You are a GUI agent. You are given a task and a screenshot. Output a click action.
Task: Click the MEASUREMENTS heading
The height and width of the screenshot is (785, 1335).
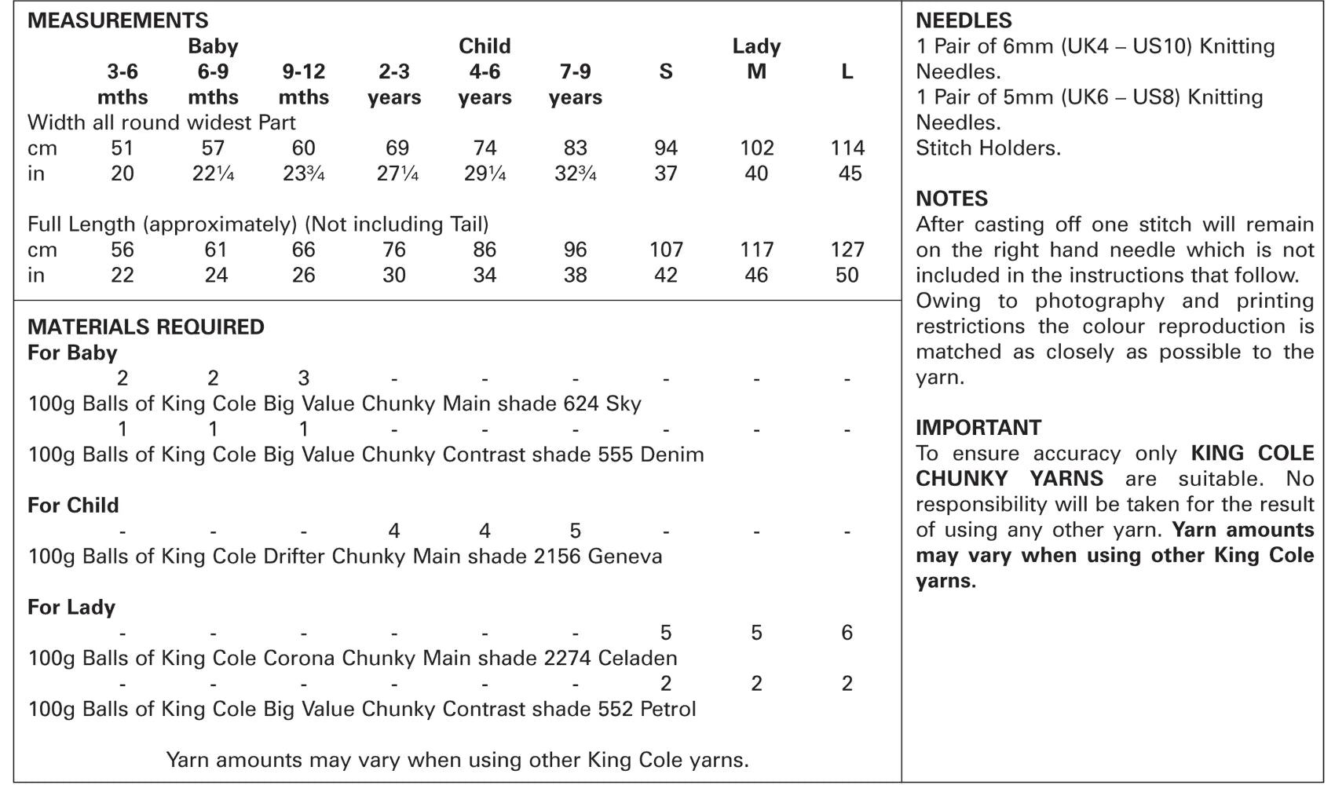point(118,20)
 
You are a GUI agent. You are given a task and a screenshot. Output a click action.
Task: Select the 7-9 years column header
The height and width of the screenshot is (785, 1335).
point(575,84)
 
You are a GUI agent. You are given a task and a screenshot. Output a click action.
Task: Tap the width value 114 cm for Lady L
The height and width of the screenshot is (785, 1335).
point(847,148)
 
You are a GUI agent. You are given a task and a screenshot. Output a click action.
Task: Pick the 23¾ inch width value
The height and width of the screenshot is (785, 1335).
point(303,173)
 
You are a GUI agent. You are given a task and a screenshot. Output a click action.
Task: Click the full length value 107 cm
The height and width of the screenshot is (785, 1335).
point(666,250)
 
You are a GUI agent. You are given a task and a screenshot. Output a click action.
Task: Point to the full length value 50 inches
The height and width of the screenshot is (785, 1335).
point(847,276)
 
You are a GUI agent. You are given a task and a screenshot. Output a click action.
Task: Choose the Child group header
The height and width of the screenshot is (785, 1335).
point(485,46)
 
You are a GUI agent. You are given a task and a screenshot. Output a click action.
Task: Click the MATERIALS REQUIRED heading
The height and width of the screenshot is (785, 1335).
point(146,327)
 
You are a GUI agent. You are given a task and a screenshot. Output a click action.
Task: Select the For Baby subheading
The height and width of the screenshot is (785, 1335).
point(72,352)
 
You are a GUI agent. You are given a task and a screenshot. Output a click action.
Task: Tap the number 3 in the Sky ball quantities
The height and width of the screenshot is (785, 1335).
point(303,378)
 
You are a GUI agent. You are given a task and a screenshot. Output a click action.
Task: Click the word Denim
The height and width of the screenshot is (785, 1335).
point(671,455)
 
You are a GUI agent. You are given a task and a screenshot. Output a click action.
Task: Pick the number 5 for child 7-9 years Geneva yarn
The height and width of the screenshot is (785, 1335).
point(575,531)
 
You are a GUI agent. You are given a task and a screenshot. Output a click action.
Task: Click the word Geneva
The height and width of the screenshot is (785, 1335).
point(624,557)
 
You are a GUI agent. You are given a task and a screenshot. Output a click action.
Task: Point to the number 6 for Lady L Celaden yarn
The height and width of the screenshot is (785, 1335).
point(847,633)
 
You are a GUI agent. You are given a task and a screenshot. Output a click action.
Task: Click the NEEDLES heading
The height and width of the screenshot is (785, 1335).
point(964,20)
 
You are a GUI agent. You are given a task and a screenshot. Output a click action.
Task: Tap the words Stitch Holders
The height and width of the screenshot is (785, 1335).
point(988,148)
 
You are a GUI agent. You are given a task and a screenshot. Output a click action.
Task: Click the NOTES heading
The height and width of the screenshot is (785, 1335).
point(952,199)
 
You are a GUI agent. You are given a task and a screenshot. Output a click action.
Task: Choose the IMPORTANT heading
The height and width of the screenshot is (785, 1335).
point(978,428)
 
